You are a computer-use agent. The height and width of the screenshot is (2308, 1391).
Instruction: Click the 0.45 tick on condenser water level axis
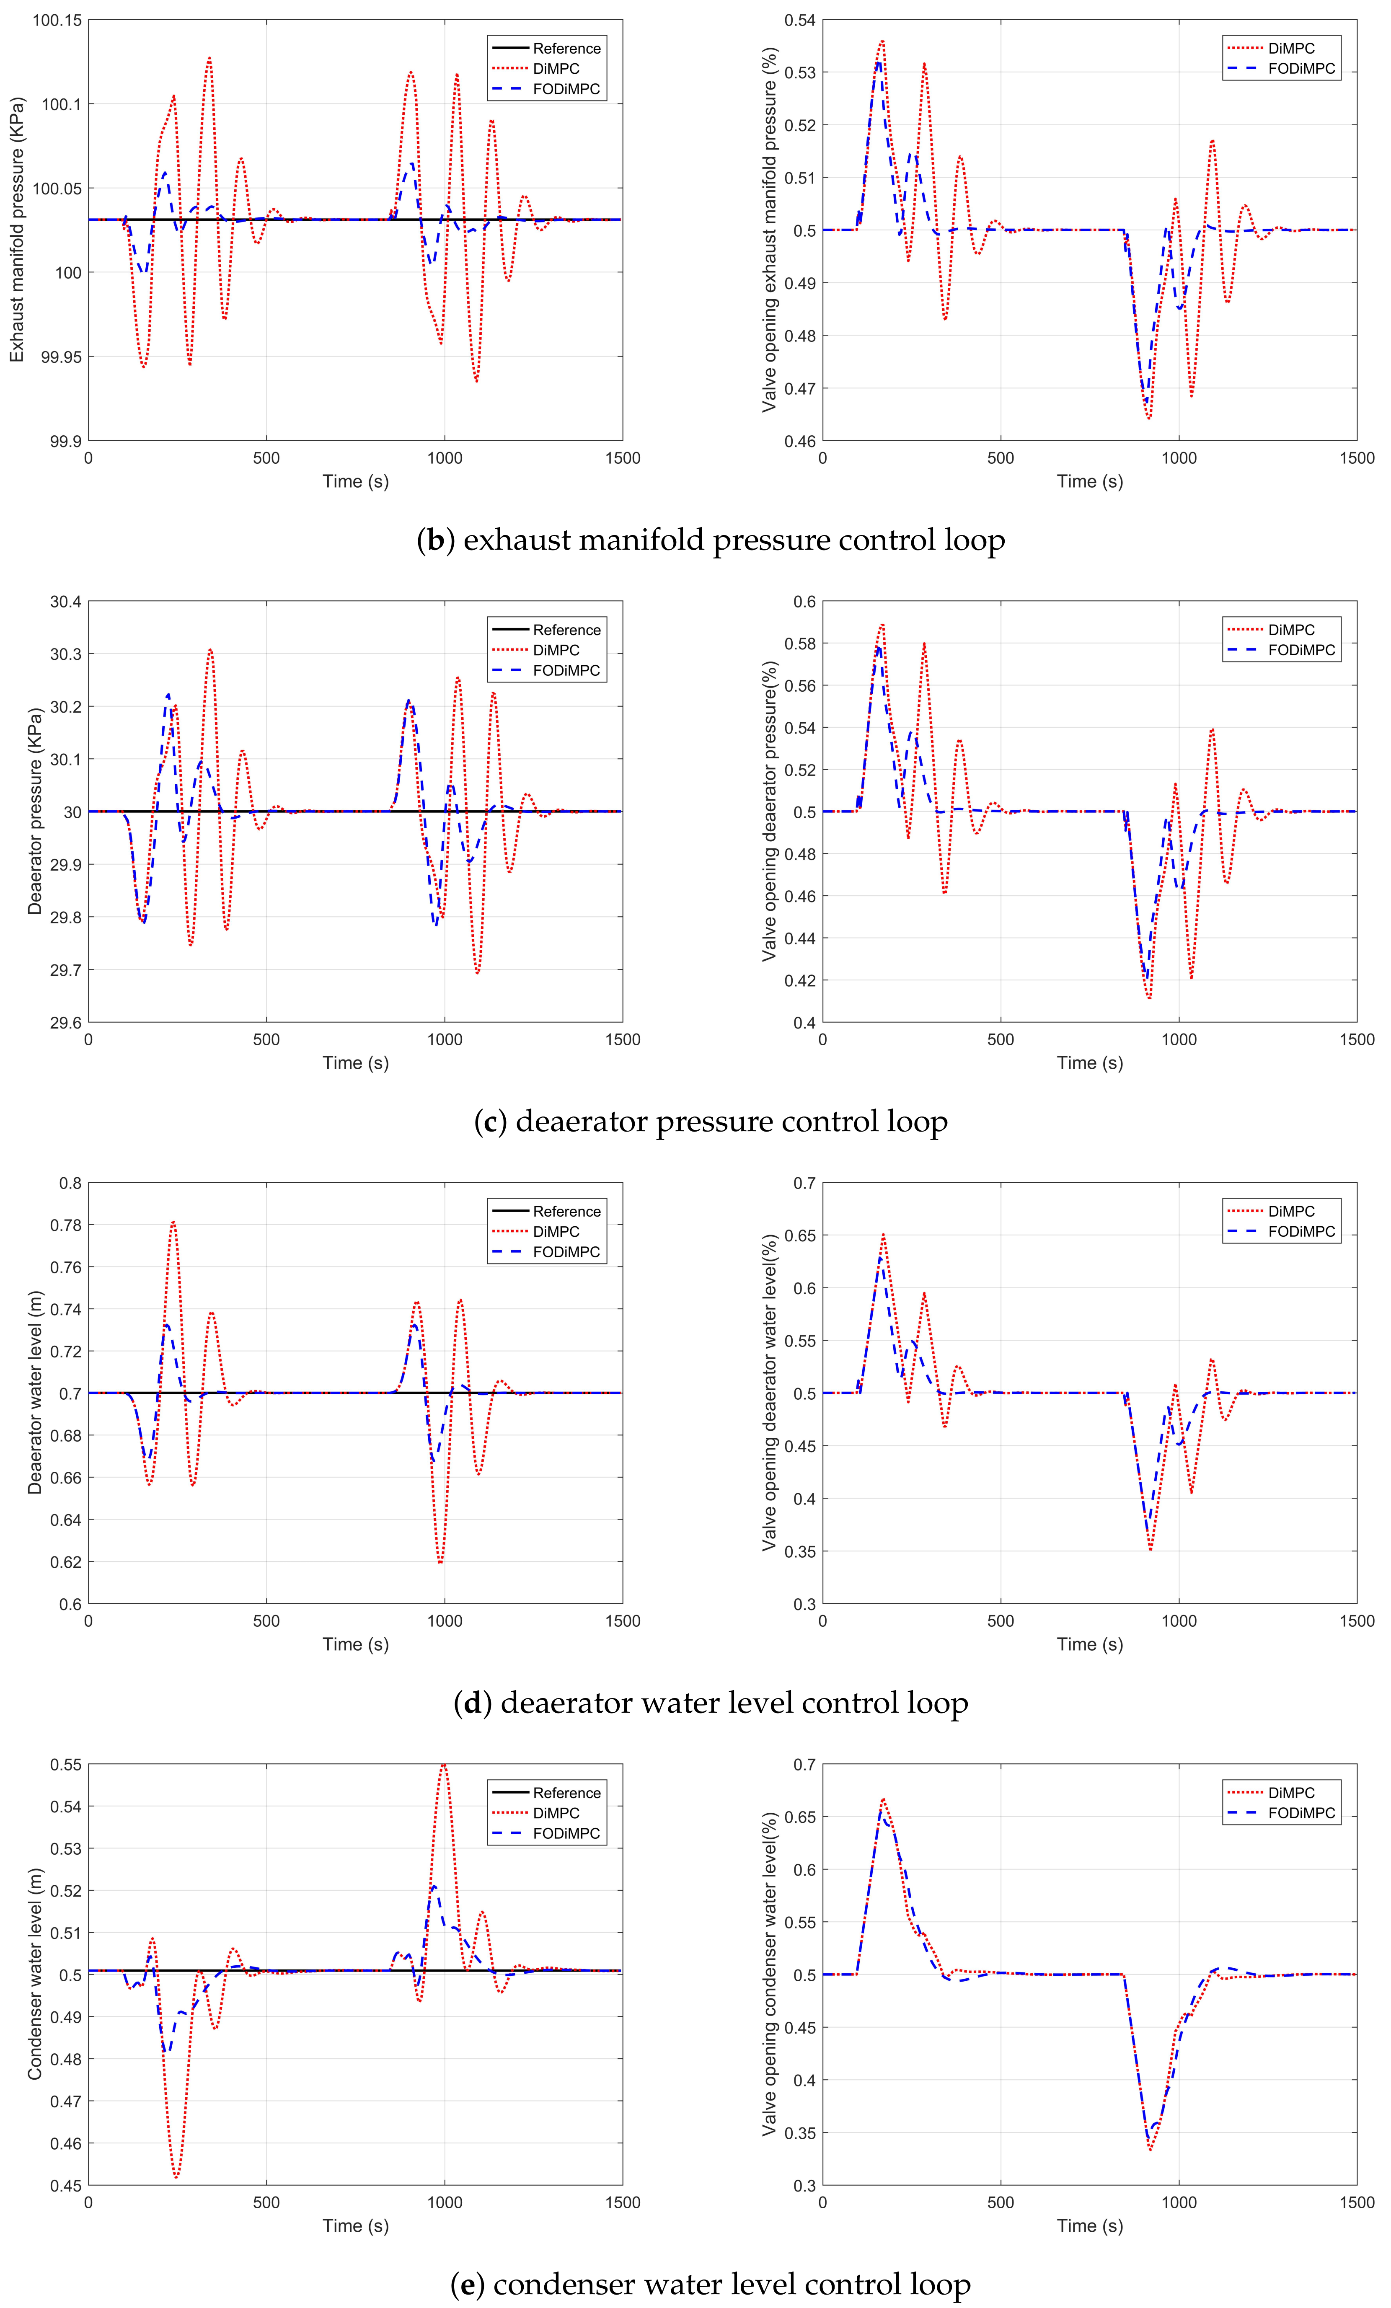(65, 2185)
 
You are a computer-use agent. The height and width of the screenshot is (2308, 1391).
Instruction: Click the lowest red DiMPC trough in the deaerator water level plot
(440, 1562)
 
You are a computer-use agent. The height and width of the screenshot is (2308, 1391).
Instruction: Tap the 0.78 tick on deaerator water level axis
(65, 1225)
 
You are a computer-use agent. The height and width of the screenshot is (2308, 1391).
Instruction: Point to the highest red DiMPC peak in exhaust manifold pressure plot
(209, 58)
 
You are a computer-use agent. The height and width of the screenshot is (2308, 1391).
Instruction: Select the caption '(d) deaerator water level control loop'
(710, 1703)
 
